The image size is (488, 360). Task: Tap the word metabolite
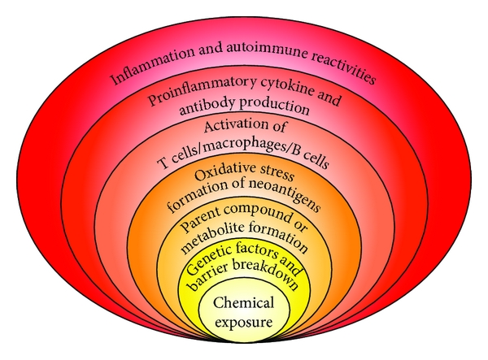tap(209, 245)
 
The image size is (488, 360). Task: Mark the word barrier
tap(211, 284)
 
